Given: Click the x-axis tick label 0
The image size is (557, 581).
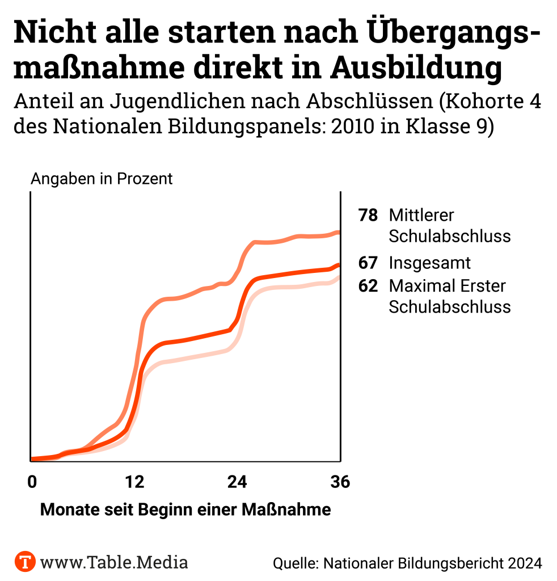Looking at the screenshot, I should pyautogui.click(x=32, y=482).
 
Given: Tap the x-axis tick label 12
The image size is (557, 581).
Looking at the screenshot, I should pyautogui.click(x=134, y=482).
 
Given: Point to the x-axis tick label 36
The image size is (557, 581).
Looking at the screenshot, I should pyautogui.click(x=340, y=482).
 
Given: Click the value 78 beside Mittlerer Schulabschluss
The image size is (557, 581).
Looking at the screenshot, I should pyautogui.click(x=368, y=216).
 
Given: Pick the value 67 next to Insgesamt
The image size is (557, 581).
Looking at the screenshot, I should pyautogui.click(x=368, y=263).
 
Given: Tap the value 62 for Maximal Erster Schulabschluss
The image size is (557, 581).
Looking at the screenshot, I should pyautogui.click(x=368, y=286).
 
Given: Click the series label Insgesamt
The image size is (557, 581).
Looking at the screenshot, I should pyautogui.click(x=430, y=263).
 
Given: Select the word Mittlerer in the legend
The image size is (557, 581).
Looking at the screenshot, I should pyautogui.click(x=421, y=216).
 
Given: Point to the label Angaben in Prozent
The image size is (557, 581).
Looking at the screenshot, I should pyautogui.click(x=102, y=179).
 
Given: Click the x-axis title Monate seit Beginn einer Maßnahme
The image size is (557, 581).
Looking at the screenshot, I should pyautogui.click(x=185, y=510).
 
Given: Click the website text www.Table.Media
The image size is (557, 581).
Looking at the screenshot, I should pyautogui.click(x=114, y=562).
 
